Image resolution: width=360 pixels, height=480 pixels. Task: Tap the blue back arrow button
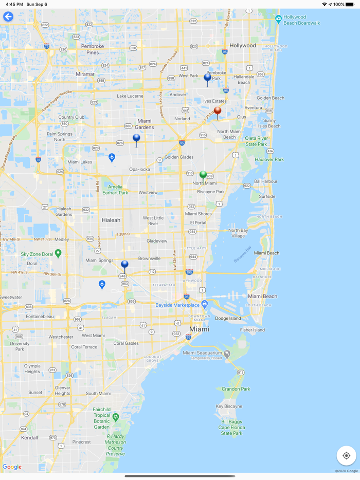tap(8, 17)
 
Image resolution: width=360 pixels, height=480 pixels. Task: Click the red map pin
tap(218, 110)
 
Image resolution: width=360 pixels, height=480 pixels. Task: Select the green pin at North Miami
tap(203, 175)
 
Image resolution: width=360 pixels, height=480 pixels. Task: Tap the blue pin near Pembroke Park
tap(208, 78)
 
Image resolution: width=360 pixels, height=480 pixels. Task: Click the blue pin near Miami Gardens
tap(136, 138)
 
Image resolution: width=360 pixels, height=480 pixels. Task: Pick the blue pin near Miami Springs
tap(124, 265)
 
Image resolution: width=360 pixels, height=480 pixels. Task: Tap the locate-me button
tap(346, 455)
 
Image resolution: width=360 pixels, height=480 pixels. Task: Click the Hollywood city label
tap(243, 46)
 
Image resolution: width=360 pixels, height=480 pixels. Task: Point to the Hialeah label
tap(111, 220)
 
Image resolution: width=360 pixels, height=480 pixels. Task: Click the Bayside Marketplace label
tap(177, 305)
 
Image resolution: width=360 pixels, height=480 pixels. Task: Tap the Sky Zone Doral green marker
tap(58, 253)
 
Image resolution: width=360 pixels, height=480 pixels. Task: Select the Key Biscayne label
tap(229, 407)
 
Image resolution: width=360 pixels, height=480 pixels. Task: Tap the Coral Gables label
tap(126, 343)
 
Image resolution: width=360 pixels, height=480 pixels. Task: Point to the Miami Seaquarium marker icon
tap(227, 354)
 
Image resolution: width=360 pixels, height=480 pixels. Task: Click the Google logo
tap(12, 467)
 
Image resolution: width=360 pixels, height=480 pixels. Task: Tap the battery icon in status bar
tap(352, 4)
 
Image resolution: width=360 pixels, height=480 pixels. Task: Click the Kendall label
tap(29, 438)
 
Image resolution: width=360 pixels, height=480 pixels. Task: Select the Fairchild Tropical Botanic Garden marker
tap(116, 417)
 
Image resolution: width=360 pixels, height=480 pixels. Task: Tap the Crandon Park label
tap(236, 389)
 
